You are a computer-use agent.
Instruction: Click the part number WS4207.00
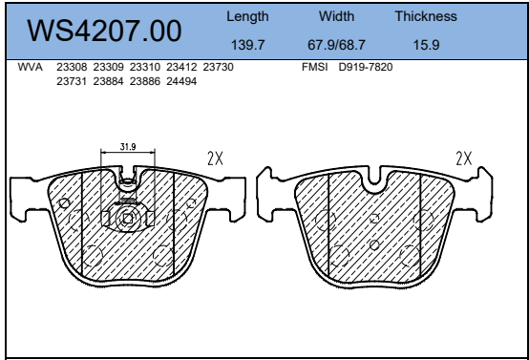click(x=104, y=31)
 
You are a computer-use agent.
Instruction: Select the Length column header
click(x=247, y=16)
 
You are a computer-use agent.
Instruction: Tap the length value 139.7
click(x=247, y=45)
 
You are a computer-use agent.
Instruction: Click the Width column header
click(x=336, y=16)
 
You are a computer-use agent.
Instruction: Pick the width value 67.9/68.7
click(x=336, y=45)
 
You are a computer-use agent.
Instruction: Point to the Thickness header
click(x=426, y=16)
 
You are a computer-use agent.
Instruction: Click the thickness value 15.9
click(x=427, y=45)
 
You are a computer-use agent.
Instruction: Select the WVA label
click(x=30, y=67)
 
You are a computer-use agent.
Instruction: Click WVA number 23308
click(x=72, y=67)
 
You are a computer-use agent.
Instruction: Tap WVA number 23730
click(x=218, y=67)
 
